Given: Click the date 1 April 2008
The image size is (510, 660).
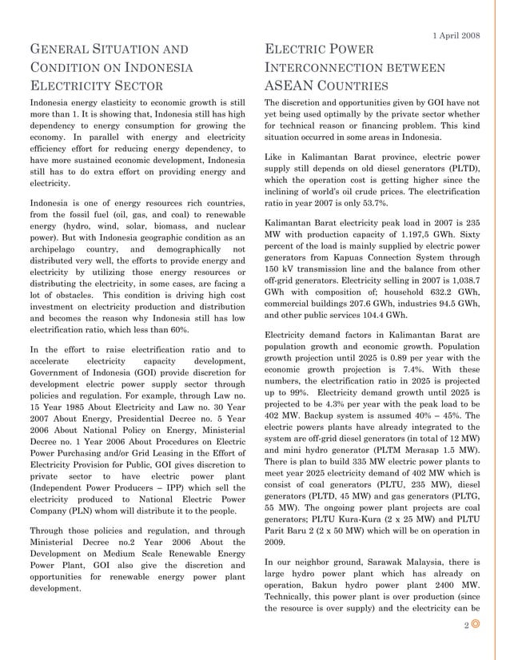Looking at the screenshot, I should coord(456,36).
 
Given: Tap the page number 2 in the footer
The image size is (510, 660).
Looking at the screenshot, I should coord(466,626).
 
